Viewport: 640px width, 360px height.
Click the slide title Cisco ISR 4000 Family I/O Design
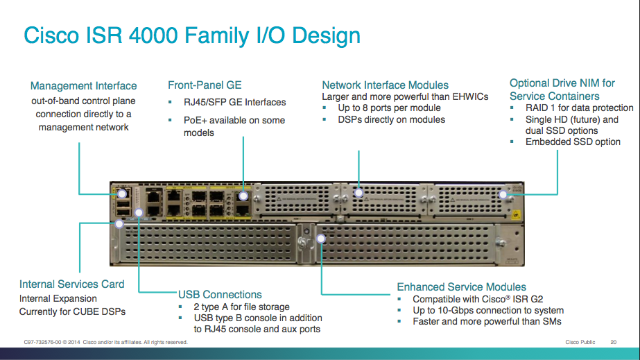pyautogui.click(x=192, y=35)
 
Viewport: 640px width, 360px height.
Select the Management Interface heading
pyautogui.click(x=84, y=86)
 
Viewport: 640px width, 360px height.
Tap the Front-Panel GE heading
pyautogui.click(x=205, y=85)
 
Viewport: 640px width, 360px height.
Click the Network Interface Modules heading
pyautogui.click(x=385, y=85)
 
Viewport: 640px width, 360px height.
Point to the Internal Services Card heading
pyautogui.click(x=72, y=284)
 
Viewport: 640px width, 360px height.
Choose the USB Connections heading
pyautogui.click(x=220, y=295)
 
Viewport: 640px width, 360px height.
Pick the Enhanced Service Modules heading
pyautogui.click(x=461, y=287)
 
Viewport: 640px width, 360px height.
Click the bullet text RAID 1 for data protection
pyautogui.click(x=580, y=108)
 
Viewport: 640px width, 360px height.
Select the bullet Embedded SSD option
pyautogui.click(x=573, y=142)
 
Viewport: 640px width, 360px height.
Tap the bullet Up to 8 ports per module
pyautogui.click(x=389, y=108)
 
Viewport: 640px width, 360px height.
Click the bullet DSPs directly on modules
pyautogui.click(x=391, y=119)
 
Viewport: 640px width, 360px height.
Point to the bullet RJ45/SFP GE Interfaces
pyautogui.click(x=234, y=103)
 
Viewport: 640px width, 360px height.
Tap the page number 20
pyautogui.click(x=613, y=342)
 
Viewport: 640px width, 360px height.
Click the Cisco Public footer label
pyautogui.click(x=580, y=342)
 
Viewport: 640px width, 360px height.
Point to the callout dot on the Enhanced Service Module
pyautogui.click(x=321, y=238)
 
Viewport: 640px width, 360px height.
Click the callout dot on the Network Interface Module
pyautogui.click(x=359, y=193)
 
